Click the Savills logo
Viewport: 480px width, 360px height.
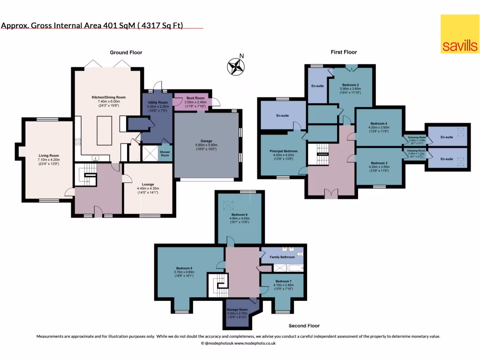(x=459, y=34)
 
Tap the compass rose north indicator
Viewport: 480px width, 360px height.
(x=235, y=66)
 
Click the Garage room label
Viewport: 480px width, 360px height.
(x=207, y=141)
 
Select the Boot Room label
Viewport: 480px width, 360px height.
(x=192, y=98)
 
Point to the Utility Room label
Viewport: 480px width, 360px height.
(x=157, y=102)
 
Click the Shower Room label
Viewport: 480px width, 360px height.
(x=164, y=154)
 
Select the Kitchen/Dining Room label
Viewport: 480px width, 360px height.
(x=108, y=97)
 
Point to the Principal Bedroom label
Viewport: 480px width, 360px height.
(x=284, y=151)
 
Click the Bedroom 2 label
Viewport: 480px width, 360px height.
(x=350, y=84)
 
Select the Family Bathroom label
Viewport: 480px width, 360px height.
(x=282, y=257)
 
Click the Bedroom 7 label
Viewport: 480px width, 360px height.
(x=282, y=281)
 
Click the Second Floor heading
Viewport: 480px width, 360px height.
(x=304, y=326)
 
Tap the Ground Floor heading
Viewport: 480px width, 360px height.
(x=126, y=52)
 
